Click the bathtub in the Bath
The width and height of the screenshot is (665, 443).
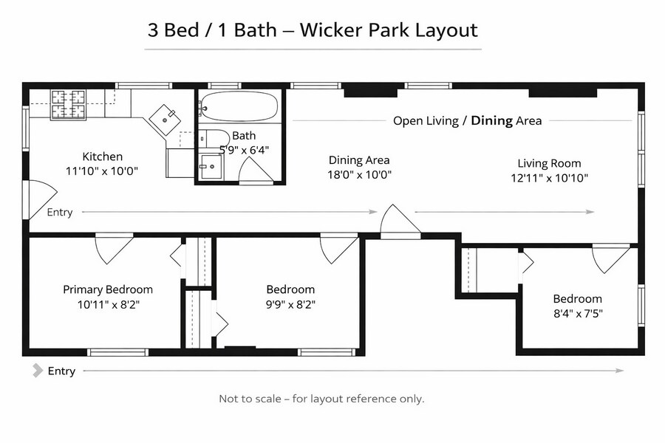click(239, 106)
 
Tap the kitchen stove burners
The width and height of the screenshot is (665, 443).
click(68, 104)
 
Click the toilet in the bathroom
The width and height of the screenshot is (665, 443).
click(214, 138)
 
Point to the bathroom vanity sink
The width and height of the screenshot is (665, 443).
click(211, 167)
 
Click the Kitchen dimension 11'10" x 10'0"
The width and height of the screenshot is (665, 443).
click(102, 171)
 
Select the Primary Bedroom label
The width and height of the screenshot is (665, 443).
click(108, 289)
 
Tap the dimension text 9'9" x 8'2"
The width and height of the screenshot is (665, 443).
click(290, 304)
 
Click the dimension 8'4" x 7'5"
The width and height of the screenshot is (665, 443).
click(578, 314)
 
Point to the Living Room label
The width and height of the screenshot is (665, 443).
click(549, 163)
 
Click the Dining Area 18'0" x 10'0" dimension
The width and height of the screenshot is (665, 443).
click(359, 175)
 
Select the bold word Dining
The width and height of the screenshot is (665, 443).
click(491, 120)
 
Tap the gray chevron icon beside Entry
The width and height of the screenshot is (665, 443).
click(38, 371)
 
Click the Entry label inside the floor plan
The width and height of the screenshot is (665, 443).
click(59, 212)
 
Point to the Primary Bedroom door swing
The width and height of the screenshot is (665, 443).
click(114, 248)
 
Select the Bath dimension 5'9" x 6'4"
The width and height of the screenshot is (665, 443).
click(244, 150)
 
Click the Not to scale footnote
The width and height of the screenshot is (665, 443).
click(321, 399)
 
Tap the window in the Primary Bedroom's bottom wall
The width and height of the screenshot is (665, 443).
click(118, 352)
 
